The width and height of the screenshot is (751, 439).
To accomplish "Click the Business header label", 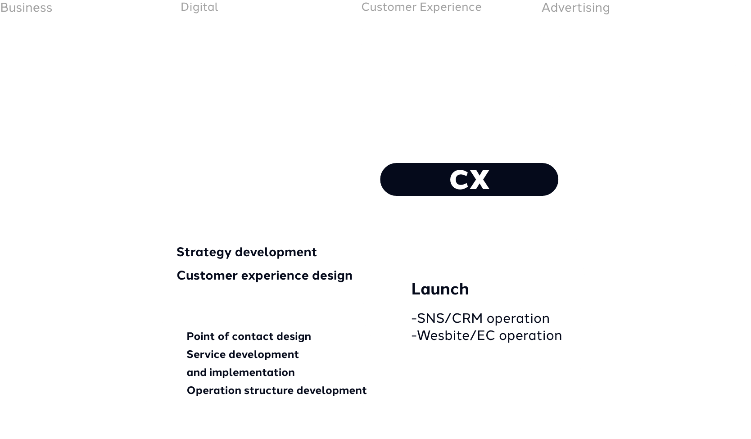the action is point(26,8).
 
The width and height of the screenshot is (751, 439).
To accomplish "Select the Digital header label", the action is point(199,7).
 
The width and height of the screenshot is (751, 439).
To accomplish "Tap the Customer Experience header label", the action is point(421,7).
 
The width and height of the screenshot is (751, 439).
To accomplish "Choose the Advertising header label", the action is point(576,8).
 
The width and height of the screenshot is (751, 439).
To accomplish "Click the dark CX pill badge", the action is point(469,179).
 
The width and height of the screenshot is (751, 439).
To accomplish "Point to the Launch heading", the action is point(440,289).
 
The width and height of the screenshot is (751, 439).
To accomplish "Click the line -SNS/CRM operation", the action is point(480,319).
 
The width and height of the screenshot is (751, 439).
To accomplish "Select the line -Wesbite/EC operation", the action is point(486,336).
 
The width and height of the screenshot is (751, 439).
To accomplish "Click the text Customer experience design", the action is point(265,276).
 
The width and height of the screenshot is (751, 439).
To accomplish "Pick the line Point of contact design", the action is point(249,336).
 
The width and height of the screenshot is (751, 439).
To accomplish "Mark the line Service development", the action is point(243,354).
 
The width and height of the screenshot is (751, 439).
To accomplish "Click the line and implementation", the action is point(241,373).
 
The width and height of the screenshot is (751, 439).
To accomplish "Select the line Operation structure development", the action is point(276,391).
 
